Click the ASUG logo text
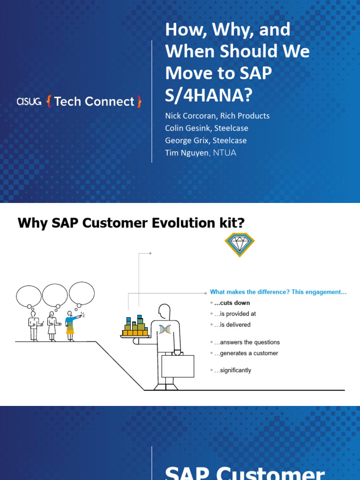(x=29, y=101)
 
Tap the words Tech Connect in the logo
(x=94, y=101)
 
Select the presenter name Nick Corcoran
(x=190, y=115)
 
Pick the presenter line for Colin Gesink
(x=206, y=128)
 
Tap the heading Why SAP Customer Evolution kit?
(x=131, y=223)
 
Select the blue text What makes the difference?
(x=249, y=292)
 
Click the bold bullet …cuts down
(x=232, y=303)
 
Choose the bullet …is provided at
(x=234, y=314)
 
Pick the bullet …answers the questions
(x=247, y=342)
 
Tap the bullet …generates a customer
(x=246, y=353)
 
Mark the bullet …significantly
(x=232, y=370)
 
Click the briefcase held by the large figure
(x=178, y=366)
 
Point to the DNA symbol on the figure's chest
(x=165, y=329)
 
